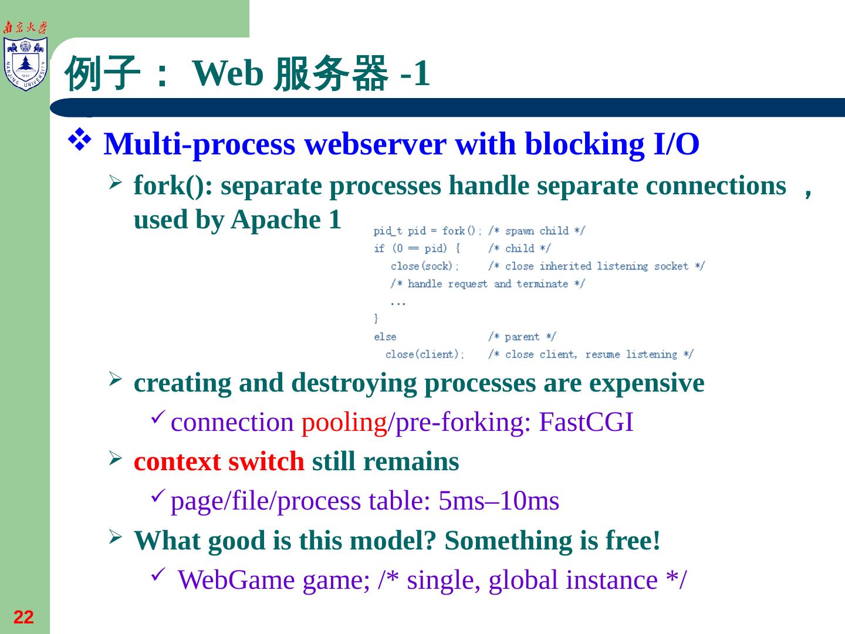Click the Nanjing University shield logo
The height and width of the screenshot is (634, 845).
[x=25, y=63]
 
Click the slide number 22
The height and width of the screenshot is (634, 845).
[x=23, y=618]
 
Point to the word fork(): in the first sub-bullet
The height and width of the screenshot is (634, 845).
[x=173, y=187]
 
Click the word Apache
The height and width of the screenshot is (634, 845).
[x=276, y=220]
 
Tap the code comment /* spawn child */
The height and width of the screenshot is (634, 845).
[x=536, y=231]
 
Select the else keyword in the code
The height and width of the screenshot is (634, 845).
[x=385, y=337]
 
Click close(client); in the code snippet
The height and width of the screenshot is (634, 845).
[x=425, y=355]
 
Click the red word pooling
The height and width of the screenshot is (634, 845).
[x=344, y=423]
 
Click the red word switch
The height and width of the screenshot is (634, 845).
[x=266, y=462]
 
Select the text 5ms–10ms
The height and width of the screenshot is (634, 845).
[x=499, y=501]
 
